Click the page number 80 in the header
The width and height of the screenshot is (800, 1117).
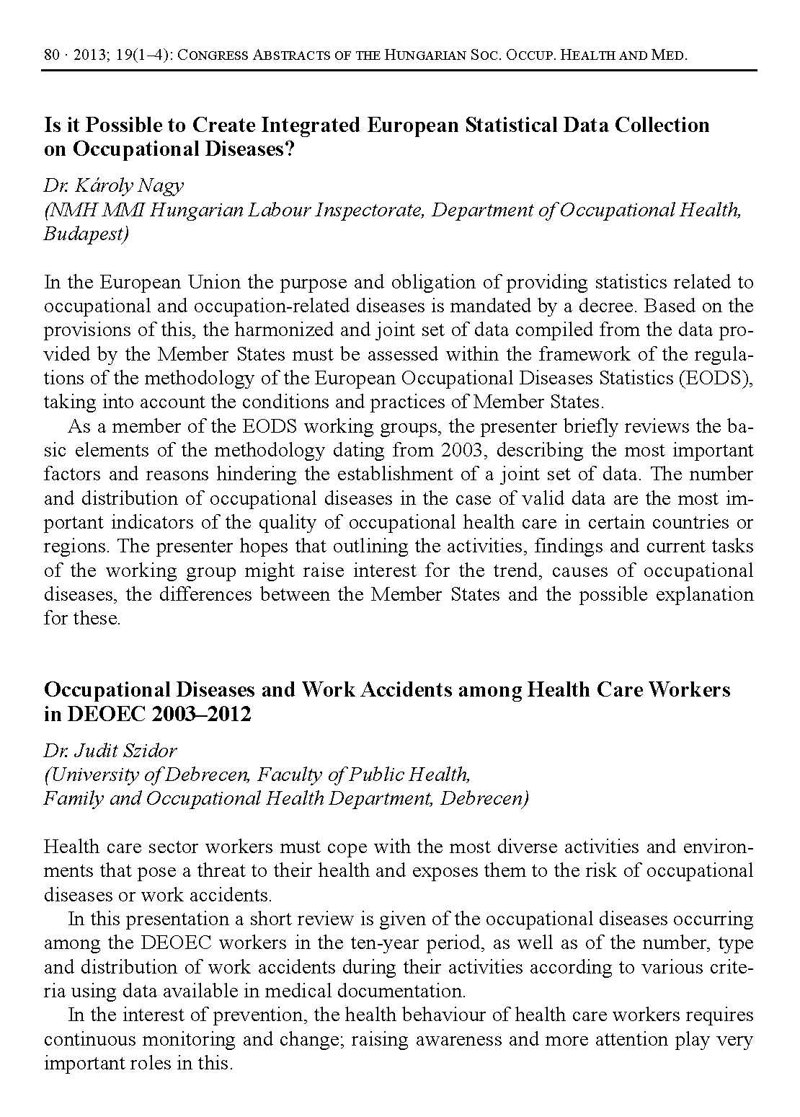50,55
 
